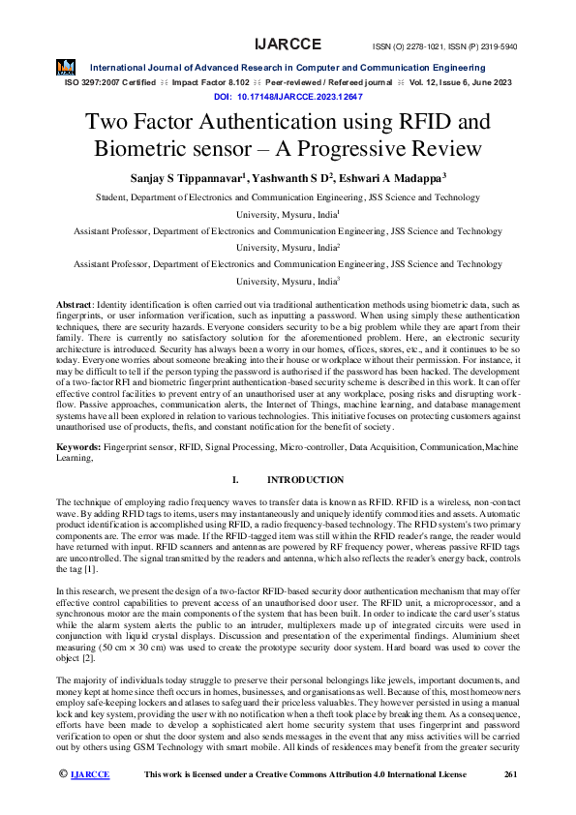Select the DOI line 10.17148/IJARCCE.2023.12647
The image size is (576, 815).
coord(288,98)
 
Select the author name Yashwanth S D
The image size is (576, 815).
coord(292,177)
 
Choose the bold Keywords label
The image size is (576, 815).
coord(78,449)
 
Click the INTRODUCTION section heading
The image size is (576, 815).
coord(305,480)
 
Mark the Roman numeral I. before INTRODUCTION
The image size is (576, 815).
coord(235,480)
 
